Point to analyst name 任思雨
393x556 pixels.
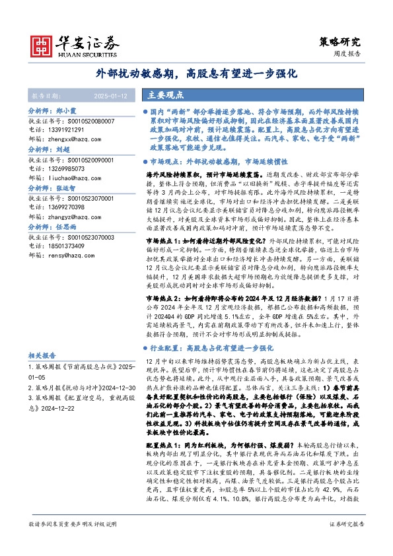pos(66,227)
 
